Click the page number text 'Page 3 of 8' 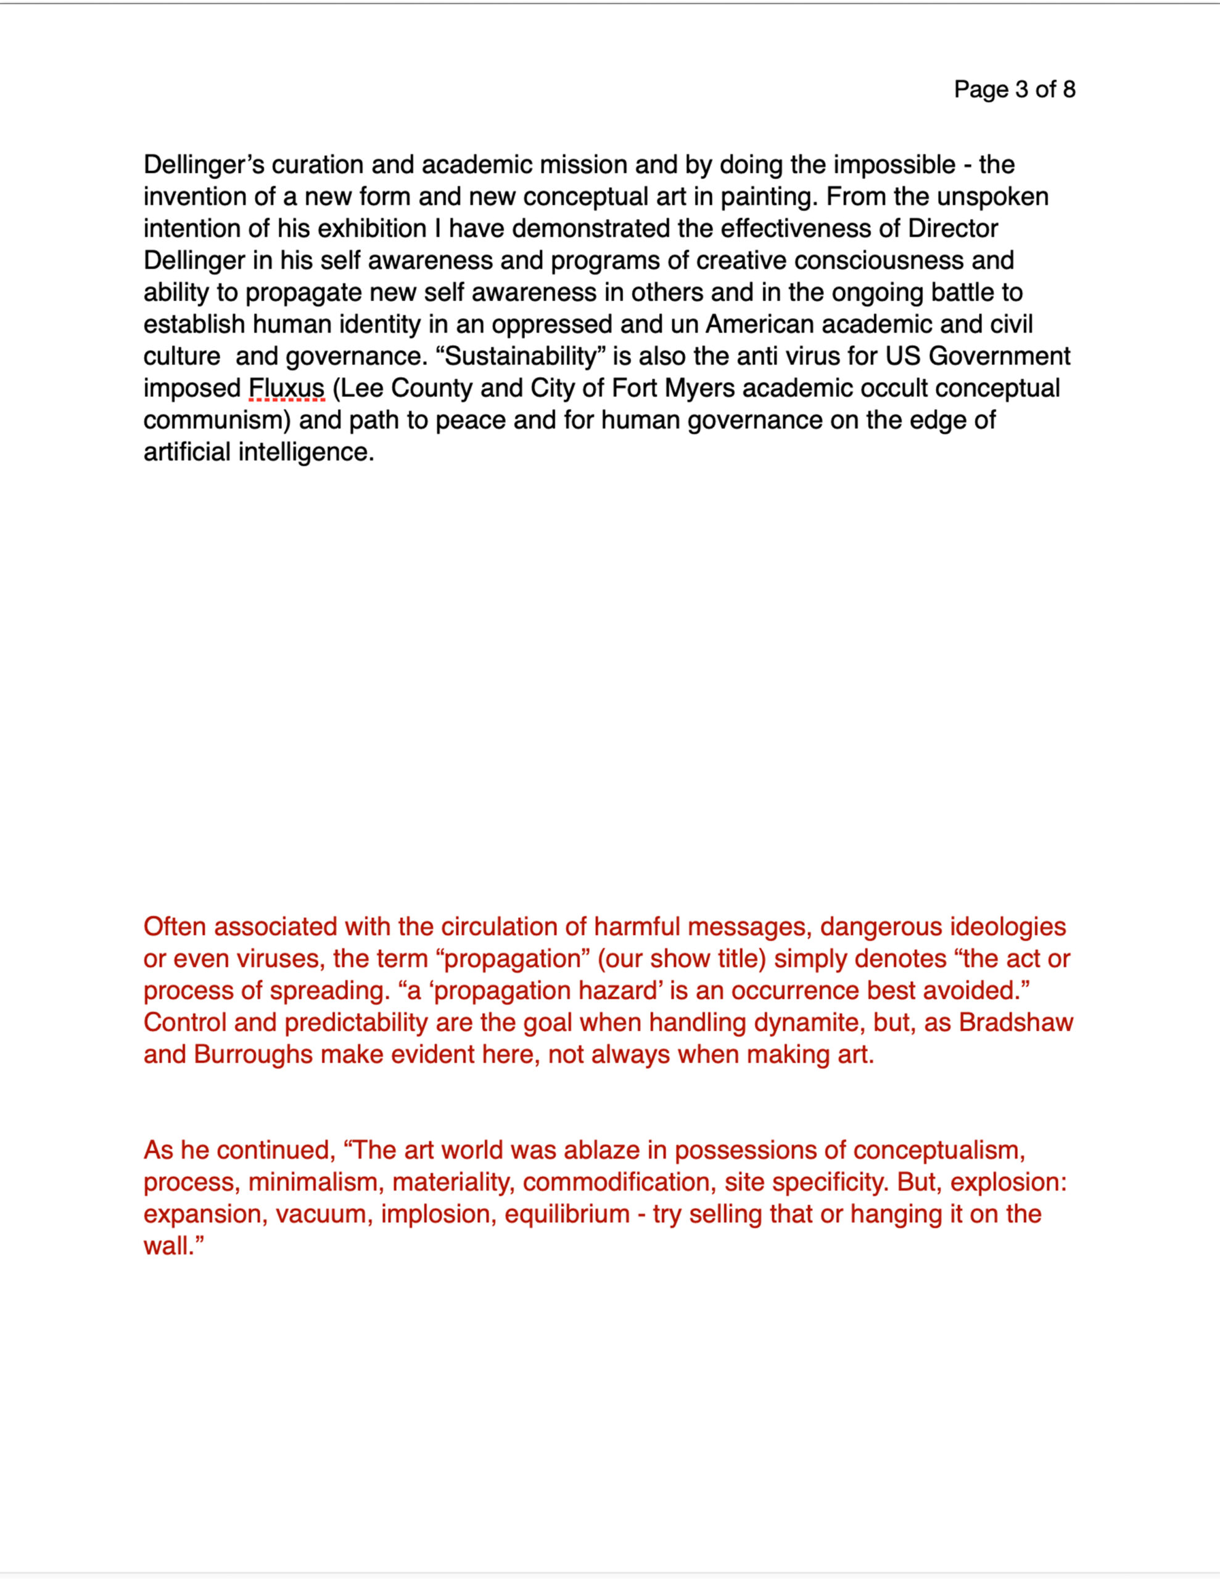coord(1014,89)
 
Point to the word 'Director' coord(952,228)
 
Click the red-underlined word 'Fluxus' coord(286,388)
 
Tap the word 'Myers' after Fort coord(700,388)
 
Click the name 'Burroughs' coord(253,1054)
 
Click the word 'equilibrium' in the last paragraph coord(567,1213)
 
